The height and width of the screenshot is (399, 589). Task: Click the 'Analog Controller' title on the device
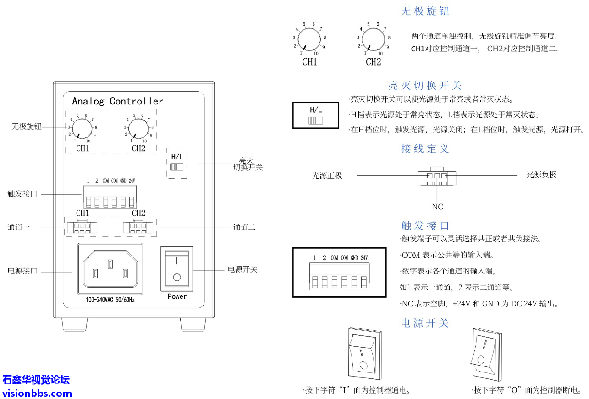[117, 101]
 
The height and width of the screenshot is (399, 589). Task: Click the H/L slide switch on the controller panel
[176, 167]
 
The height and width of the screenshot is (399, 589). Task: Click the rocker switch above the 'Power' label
[177, 268]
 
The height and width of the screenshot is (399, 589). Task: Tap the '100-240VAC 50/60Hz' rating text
[110, 301]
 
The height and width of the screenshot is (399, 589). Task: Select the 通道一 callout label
[19, 227]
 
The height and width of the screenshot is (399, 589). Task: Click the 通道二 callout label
[244, 227]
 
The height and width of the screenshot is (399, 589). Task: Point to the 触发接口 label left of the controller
[22, 194]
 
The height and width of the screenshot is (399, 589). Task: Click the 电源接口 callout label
[22, 271]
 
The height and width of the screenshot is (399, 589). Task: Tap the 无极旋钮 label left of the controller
[26, 126]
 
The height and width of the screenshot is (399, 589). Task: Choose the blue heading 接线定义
[425, 148]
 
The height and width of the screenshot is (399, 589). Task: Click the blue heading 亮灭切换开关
[425, 85]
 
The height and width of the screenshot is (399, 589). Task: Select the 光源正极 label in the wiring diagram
[327, 175]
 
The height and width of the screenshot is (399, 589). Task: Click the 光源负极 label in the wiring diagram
[541, 175]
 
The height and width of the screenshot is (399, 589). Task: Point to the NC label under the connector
[437, 207]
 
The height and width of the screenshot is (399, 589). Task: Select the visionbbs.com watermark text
[37, 393]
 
